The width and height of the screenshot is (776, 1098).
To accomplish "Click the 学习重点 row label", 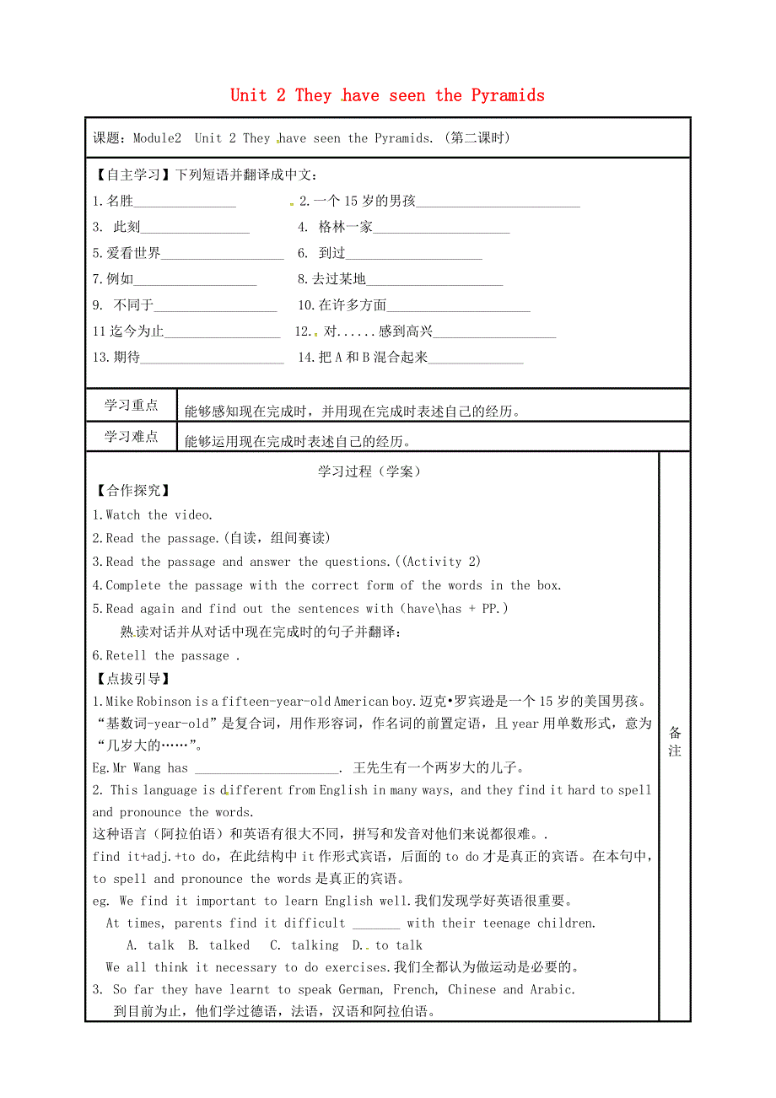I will (131, 406).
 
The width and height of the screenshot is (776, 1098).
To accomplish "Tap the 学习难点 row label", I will (131, 436).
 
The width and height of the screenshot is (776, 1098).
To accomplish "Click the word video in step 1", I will (193, 515).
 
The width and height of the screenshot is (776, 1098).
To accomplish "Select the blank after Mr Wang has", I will (266, 769).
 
